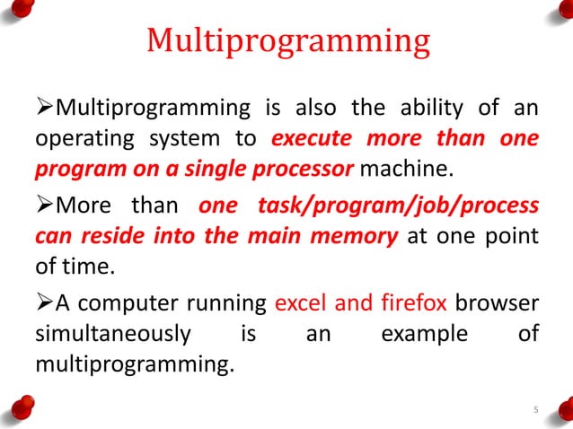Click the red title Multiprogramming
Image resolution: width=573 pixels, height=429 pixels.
(x=287, y=41)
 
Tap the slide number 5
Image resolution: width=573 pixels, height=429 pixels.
(x=535, y=411)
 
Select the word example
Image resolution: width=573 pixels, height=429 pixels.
(x=424, y=335)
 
